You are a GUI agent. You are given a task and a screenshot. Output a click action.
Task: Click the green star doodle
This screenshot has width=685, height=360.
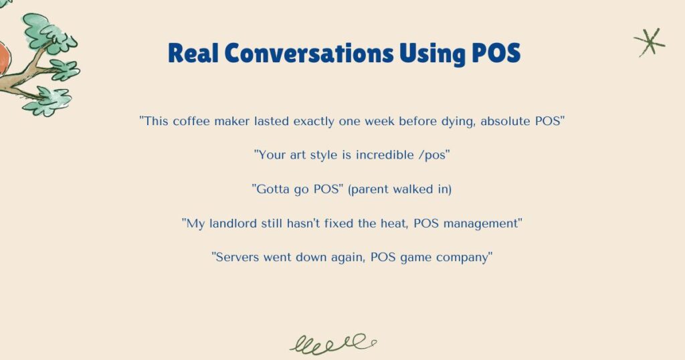[x=649, y=43]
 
